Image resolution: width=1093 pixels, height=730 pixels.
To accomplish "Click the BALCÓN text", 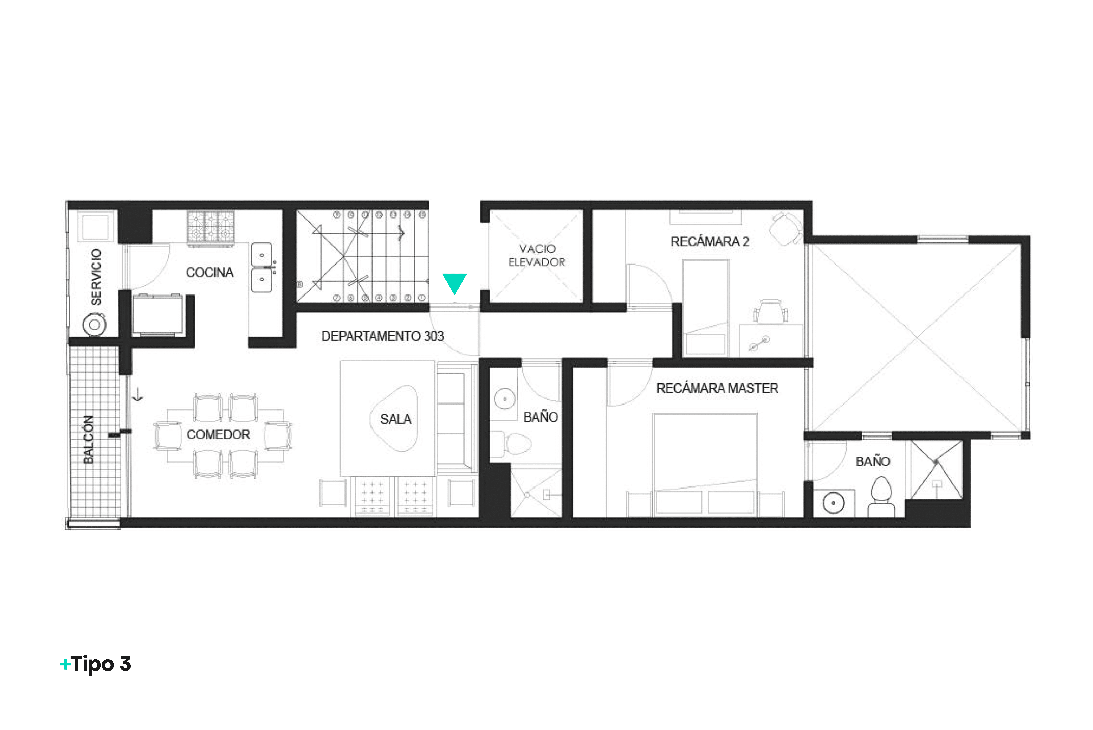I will (x=88, y=440).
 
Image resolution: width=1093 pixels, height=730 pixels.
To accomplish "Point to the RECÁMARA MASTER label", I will (x=717, y=388).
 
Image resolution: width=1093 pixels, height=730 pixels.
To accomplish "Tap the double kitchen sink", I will (x=262, y=268).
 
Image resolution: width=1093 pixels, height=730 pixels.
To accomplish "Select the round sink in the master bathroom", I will (x=834, y=503).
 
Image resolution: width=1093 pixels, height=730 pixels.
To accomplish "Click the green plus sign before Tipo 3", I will (x=65, y=664).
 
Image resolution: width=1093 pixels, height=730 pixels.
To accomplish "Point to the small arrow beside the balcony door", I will (x=138, y=396).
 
